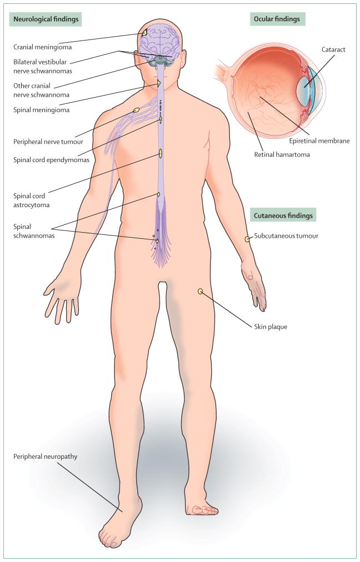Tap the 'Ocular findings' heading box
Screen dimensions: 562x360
tap(277, 19)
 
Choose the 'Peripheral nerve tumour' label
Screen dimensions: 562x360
tap(47, 142)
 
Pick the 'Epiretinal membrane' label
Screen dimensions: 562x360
tap(319, 140)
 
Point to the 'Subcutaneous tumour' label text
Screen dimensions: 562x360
tap(286, 236)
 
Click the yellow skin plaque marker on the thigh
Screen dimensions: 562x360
tap(200, 290)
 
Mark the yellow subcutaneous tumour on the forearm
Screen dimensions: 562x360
tap(247, 239)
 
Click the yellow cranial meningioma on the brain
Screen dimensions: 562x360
tap(144, 33)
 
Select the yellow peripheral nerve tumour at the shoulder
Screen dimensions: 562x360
tap(136, 110)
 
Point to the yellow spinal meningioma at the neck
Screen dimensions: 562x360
tap(159, 83)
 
